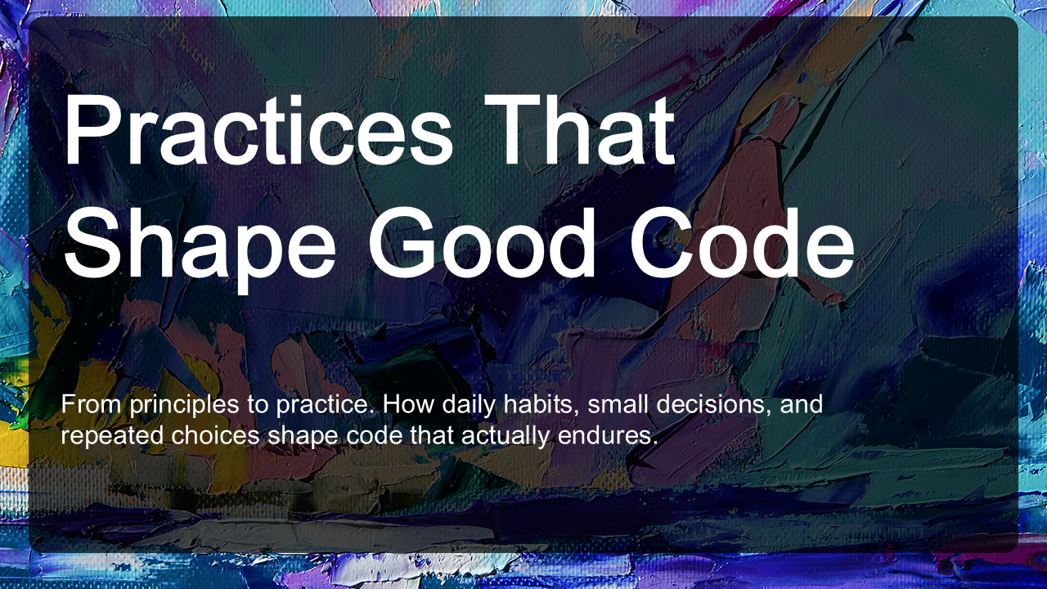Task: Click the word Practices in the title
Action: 258,130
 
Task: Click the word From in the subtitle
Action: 92,404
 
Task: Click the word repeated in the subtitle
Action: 112,437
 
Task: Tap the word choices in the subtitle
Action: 215,436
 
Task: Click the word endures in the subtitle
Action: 604,436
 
